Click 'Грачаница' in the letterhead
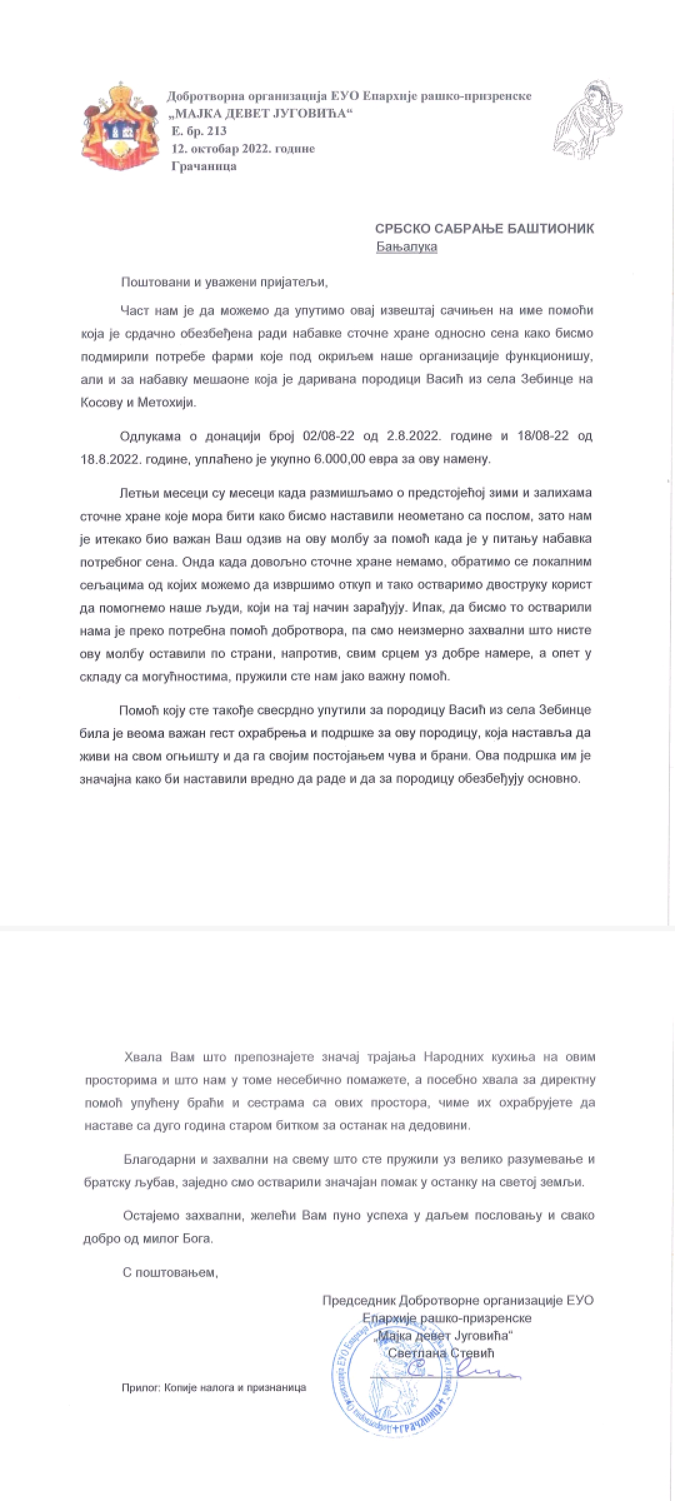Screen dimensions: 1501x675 click(204, 166)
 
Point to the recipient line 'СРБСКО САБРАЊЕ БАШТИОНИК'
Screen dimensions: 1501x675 click(485, 229)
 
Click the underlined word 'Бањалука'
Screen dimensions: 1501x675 click(407, 246)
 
